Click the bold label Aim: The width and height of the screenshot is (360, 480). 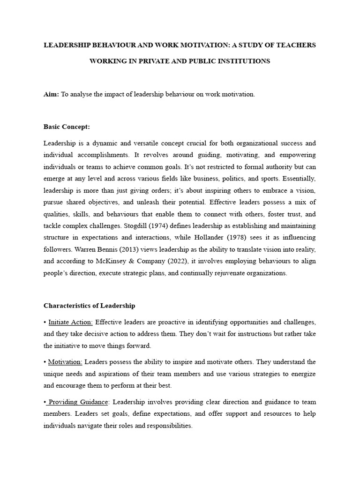coord(51,94)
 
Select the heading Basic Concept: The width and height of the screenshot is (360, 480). coord(66,127)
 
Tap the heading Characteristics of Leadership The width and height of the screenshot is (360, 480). coord(89,306)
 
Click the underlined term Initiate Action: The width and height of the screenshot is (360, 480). coord(70,322)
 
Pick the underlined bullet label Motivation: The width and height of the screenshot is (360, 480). coord(65,362)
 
